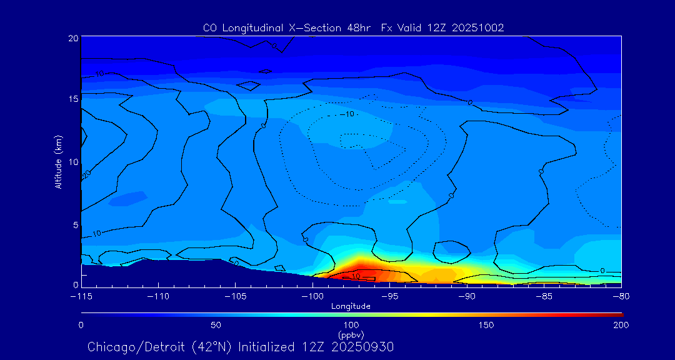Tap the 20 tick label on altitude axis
click(x=72, y=38)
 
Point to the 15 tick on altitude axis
click(x=72, y=99)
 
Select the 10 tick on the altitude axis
click(x=72, y=162)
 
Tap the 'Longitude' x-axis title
click(x=351, y=306)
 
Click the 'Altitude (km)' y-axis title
click(x=57, y=162)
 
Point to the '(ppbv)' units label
click(x=351, y=335)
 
